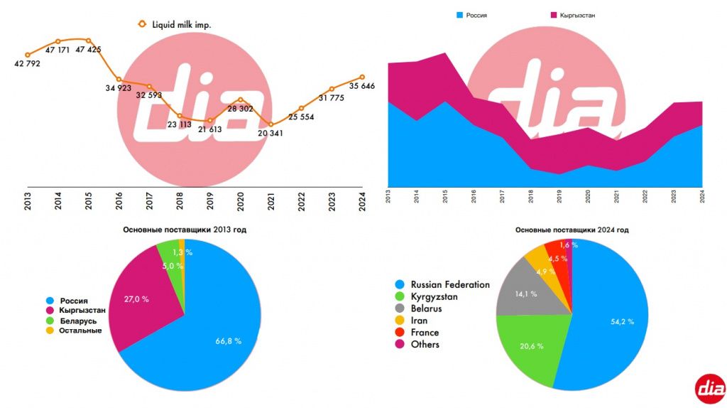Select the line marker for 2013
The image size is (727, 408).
click(28, 55)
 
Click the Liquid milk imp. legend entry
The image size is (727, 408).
click(181, 24)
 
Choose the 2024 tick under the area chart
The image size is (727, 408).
click(702, 197)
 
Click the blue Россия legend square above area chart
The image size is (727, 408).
click(460, 15)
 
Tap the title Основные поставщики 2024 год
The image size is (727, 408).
click(572, 230)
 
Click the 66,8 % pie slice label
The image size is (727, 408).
click(228, 341)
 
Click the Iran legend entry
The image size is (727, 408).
click(420, 321)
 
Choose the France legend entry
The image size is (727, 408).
click(425, 333)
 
